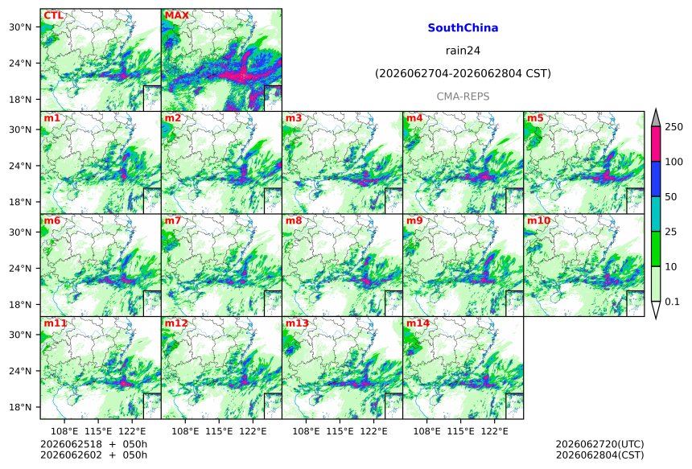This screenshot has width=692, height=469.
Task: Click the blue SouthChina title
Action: [x=463, y=28]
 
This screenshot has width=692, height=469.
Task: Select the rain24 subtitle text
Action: [x=463, y=51]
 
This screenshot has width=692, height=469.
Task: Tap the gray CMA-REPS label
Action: [x=463, y=97]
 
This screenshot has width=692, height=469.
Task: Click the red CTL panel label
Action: [x=53, y=16]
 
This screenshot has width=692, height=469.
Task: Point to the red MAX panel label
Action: [x=176, y=16]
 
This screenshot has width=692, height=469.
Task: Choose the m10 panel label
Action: [x=538, y=220]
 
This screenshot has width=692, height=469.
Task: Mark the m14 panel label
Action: [x=418, y=323]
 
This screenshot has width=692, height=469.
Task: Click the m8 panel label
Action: [x=294, y=220]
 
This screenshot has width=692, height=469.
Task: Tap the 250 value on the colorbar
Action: [x=674, y=127]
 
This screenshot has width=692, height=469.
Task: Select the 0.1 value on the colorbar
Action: [x=672, y=302]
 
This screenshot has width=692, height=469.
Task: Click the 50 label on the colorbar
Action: [x=671, y=197]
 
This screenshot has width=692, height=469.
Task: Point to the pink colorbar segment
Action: [x=656, y=144]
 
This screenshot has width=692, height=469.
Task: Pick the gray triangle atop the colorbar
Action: [x=656, y=119]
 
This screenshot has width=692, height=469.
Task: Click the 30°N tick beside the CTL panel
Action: [x=20, y=27]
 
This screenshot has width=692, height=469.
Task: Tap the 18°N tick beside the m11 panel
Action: [x=20, y=407]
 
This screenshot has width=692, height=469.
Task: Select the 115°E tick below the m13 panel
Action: [x=340, y=431]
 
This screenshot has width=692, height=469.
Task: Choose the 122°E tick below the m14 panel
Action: [x=494, y=431]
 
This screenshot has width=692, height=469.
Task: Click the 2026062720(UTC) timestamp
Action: [x=599, y=444]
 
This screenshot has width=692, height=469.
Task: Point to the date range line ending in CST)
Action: [x=463, y=74]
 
